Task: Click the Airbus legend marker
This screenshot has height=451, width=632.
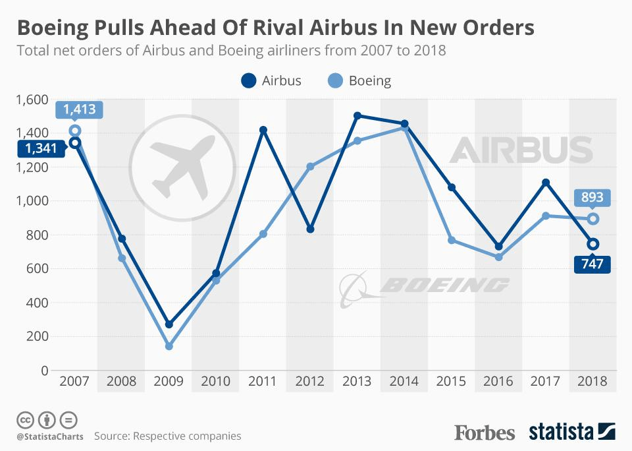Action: pos(248,81)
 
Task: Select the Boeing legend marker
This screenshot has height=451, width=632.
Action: pos(335,81)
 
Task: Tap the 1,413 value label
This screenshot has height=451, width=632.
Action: pos(80,110)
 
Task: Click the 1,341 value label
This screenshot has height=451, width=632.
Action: pos(41,148)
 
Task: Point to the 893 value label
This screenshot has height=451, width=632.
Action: pos(592,198)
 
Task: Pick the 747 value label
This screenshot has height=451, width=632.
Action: pos(592,264)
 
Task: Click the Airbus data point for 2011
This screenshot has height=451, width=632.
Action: pos(263,131)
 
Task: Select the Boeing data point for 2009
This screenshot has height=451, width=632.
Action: pos(169,346)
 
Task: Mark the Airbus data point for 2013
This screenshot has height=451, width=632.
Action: pos(357,115)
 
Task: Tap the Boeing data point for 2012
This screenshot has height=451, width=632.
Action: pos(310,166)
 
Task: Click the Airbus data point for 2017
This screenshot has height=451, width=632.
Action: pos(546,183)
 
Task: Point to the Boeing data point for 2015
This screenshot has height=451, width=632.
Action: pos(452,240)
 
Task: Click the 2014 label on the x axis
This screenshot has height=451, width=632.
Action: pos(404,382)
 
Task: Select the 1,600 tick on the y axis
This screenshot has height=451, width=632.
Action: pos(31,100)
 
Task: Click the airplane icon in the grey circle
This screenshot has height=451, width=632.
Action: pos(181,167)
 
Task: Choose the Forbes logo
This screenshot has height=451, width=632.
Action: pos(485,433)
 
